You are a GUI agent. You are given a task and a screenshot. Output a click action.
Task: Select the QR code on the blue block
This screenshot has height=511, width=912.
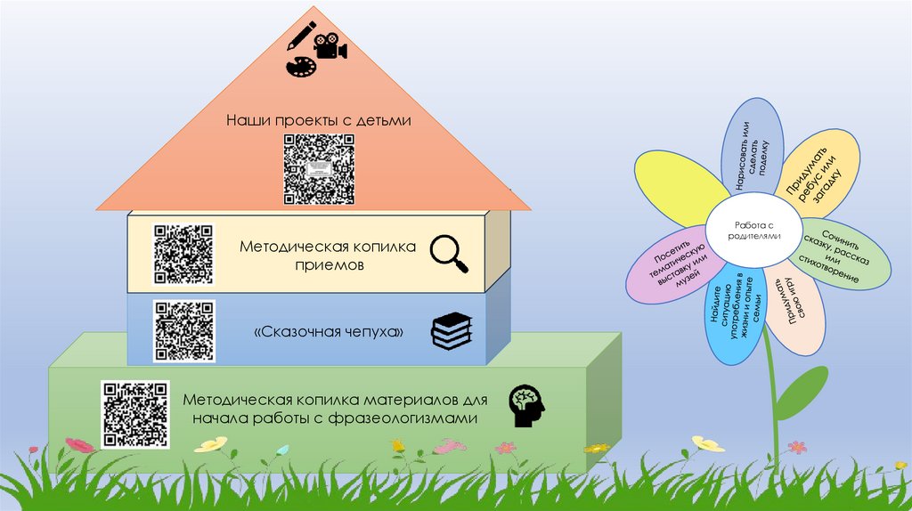[184, 329]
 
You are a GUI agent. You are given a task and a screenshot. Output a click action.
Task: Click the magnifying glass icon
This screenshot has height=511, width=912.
[449, 253]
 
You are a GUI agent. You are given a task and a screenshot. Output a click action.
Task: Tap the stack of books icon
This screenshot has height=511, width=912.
[451, 332]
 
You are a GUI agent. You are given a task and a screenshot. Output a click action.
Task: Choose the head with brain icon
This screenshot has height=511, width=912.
[525, 406]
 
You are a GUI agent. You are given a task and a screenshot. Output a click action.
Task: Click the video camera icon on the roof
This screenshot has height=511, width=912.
[329, 45]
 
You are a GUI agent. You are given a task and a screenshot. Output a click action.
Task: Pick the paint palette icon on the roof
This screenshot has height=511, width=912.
[299, 68]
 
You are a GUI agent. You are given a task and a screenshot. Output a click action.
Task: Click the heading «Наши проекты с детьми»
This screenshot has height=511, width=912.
[318, 119]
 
